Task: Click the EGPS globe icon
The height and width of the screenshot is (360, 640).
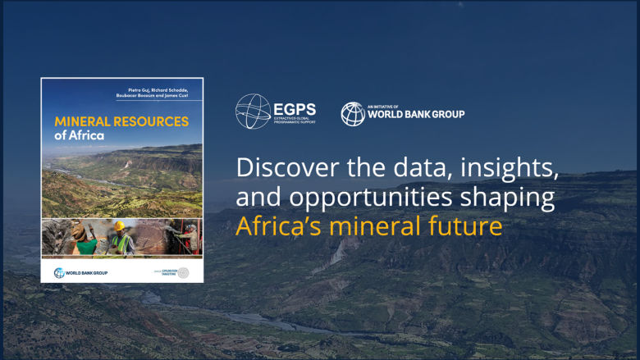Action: pos(252,112)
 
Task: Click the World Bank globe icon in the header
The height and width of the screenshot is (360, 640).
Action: pos(353,114)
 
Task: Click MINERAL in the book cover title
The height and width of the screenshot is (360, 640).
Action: pos(78,121)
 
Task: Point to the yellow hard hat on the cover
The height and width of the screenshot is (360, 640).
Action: pos(119,226)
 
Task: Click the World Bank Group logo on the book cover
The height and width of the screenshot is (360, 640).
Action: pos(80,272)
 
